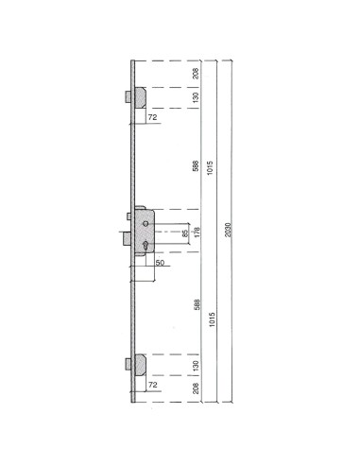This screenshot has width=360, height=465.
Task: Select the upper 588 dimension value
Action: click(x=196, y=165)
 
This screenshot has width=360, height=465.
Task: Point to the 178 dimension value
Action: click(x=197, y=232)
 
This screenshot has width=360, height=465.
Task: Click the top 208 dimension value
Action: click(x=196, y=71)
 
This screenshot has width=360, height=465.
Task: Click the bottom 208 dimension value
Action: click(x=196, y=389)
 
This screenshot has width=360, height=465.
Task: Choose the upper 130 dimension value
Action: click(x=196, y=96)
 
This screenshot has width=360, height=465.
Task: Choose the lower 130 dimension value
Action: click(x=196, y=364)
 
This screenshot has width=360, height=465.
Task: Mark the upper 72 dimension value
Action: click(x=152, y=117)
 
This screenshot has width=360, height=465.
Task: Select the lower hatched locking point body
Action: click(x=138, y=364)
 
